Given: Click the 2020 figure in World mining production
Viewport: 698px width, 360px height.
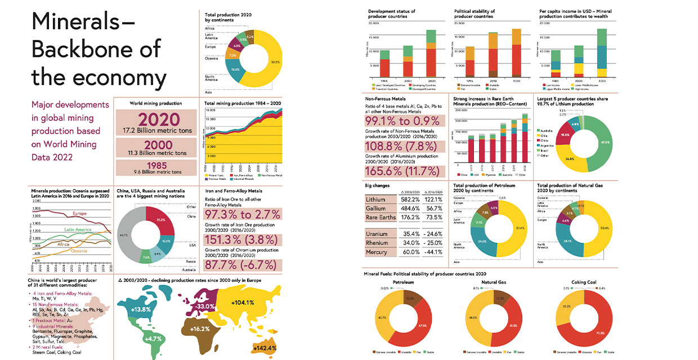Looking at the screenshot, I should click(155, 119).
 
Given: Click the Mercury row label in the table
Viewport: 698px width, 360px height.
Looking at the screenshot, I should click(376, 252).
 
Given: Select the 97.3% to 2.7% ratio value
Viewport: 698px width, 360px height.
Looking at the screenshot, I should click(243, 215).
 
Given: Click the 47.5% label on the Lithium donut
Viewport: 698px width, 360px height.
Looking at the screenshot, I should click(605, 142).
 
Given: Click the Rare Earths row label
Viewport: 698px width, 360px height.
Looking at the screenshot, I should click(380, 218).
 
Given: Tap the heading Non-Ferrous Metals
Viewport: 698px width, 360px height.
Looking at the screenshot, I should click(386, 99).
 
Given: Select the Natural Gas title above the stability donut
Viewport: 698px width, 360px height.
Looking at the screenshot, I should click(493, 282).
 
